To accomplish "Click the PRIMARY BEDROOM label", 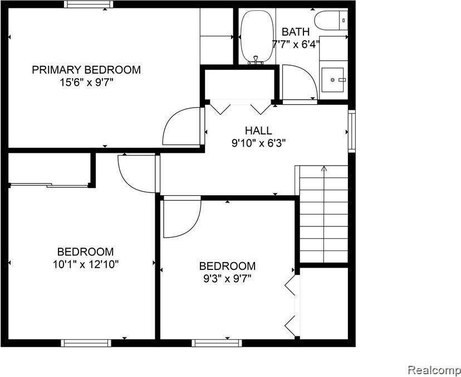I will (x=86, y=70).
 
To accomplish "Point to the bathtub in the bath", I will (x=256, y=37).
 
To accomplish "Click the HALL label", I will (x=258, y=130).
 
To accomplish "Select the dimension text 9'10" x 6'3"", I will (x=258, y=143).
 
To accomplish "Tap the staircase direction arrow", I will (x=324, y=169).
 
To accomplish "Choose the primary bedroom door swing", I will (x=181, y=127).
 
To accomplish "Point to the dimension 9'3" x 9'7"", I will (x=227, y=278).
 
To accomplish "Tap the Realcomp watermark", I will (x=433, y=370).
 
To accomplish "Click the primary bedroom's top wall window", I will (x=88, y=4).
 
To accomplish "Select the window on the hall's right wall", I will (x=351, y=130).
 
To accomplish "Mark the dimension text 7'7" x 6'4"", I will (x=296, y=43).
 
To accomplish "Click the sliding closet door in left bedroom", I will (x=49, y=185).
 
